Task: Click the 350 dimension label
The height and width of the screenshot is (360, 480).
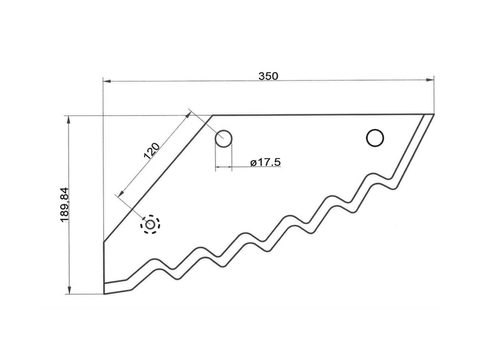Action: [268, 76]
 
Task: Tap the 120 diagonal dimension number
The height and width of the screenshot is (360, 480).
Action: [152, 151]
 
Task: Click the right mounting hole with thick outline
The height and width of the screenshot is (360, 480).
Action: [375, 137]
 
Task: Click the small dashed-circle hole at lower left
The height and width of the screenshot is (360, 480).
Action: [151, 224]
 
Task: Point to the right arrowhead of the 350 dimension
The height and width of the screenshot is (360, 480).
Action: [431, 80]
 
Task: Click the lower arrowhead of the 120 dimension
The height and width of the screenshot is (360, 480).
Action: [120, 194]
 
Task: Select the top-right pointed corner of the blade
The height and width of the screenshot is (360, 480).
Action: [434, 115]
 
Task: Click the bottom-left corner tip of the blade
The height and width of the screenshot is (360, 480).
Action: [104, 293]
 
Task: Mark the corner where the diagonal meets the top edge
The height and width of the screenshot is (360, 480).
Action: [212, 115]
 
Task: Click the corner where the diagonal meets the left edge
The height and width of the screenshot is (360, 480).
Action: [104, 242]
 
